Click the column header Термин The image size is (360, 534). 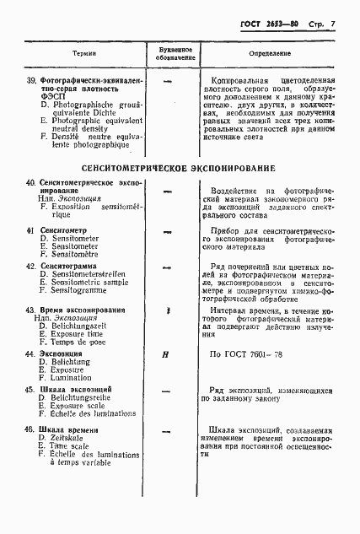point(83,52)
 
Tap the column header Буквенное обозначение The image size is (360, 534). point(176,52)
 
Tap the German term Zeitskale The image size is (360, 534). point(71,440)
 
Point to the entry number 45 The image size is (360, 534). point(30,390)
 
